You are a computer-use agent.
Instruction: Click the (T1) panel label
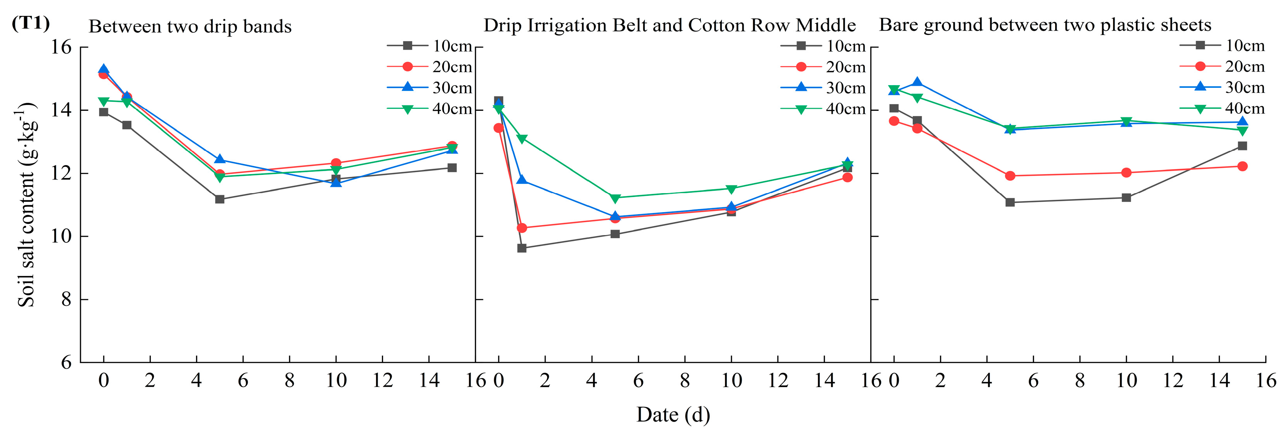tap(30, 23)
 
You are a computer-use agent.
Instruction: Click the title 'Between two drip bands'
tap(190, 26)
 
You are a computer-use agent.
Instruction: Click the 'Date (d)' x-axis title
tap(673, 414)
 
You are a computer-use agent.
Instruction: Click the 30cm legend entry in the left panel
tap(429, 87)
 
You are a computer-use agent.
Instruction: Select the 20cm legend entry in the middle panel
tap(823, 67)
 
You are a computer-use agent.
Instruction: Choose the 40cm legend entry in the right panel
tap(1222, 108)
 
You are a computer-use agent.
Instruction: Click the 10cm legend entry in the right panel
tap(1222, 45)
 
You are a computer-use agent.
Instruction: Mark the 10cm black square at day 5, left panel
tap(220, 199)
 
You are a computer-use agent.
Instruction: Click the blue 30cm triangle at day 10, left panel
tap(336, 182)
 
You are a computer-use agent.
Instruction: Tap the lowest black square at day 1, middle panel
tap(522, 248)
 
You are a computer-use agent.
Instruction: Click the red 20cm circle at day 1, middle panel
tap(522, 228)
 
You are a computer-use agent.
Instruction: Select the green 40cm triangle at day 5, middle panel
tap(615, 198)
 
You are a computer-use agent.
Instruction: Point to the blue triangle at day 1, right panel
tap(917, 82)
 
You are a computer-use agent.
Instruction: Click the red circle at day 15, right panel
tap(1243, 166)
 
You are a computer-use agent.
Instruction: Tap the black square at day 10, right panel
tap(1126, 197)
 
